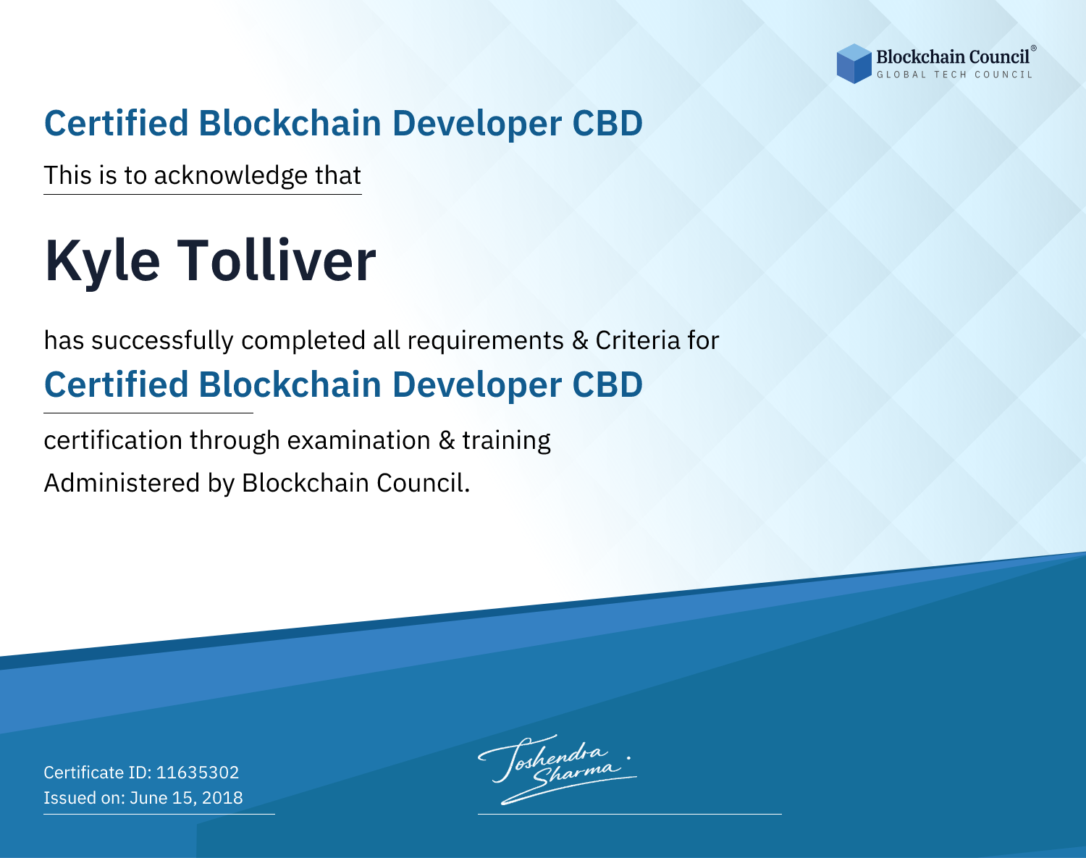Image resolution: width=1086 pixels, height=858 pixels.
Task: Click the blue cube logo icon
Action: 854,64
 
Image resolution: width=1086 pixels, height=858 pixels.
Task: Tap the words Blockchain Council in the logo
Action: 953,57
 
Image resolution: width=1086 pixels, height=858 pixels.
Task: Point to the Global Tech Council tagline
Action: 954,75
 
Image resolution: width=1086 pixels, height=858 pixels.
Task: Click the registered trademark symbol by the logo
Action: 1033,49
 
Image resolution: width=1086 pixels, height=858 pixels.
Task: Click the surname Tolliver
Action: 277,261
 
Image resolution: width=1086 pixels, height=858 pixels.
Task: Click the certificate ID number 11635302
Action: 198,772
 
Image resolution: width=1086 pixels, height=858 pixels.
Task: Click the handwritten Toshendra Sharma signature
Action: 557,769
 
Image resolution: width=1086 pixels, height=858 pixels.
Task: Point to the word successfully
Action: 162,341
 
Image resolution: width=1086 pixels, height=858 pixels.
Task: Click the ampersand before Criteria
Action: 580,340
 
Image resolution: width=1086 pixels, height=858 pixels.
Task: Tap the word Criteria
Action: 637,340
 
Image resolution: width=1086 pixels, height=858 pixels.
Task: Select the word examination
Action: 358,440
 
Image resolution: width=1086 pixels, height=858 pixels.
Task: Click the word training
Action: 506,441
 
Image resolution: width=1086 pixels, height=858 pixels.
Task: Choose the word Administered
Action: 122,483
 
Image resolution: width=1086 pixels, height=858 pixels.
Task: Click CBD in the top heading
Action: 607,123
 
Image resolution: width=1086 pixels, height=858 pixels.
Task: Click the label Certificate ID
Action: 98,772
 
